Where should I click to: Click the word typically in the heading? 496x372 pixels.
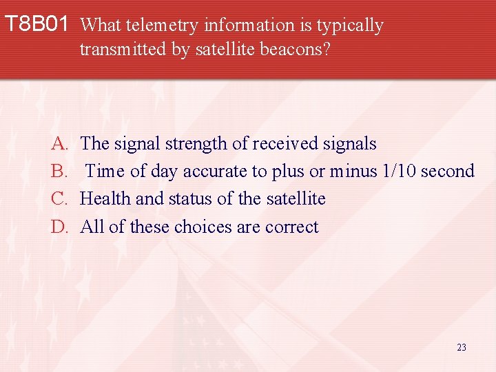click(350, 25)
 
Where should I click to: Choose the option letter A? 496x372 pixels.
click(58, 144)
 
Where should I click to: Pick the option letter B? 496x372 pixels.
click(58, 172)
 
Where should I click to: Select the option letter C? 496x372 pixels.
click(58, 199)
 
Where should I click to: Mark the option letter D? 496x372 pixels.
click(58, 227)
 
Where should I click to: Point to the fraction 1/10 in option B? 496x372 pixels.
click(400, 172)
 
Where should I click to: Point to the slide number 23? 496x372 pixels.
click(461, 347)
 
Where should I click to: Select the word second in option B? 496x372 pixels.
click(447, 172)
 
